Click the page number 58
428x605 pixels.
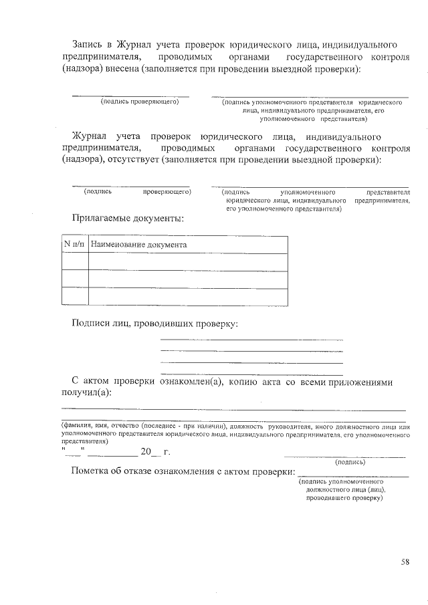tap(405, 562)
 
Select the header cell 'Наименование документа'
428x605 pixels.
tap(138, 245)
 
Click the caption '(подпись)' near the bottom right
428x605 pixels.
tap(350, 461)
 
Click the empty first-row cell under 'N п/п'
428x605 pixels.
tap(75, 261)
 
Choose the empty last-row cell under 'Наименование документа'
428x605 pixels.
tap(188, 295)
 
